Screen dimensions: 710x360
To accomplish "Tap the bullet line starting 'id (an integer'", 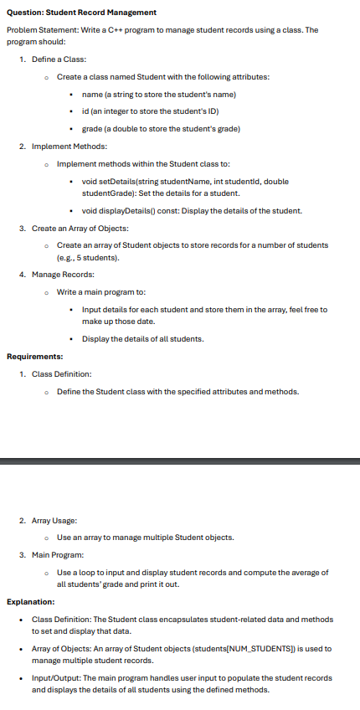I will (151, 111).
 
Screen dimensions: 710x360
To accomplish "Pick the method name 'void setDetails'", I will (106, 181).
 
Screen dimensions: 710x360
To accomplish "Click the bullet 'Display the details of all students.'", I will (142, 338).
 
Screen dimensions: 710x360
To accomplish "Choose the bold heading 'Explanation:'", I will (30, 601).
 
